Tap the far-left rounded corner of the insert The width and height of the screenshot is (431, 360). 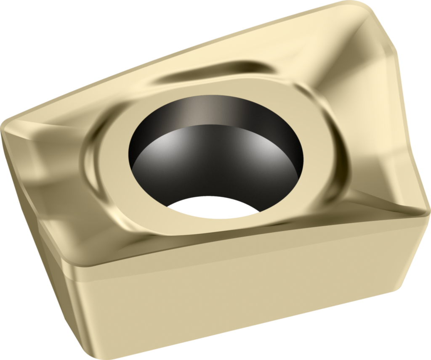click(6, 126)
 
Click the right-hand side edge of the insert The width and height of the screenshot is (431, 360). click(410, 126)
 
